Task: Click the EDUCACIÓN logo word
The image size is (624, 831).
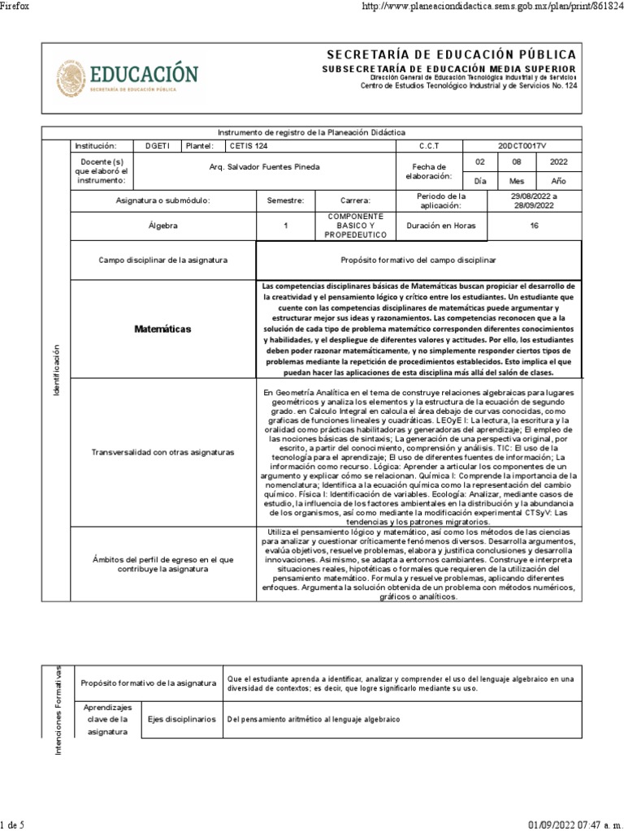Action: coord(143,74)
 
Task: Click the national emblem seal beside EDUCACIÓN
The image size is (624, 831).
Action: coord(71,78)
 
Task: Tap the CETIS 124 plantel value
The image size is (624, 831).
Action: coord(248,146)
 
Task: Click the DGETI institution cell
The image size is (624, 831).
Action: coord(158,146)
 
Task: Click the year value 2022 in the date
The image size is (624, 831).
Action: coord(559,162)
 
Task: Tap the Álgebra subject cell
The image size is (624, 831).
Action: coord(163,226)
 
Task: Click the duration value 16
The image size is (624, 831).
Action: coord(534,226)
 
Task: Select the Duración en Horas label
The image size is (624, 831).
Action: coord(441,226)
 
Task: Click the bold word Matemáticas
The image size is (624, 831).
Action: coord(162,329)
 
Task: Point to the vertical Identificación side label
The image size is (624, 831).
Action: coord(56,370)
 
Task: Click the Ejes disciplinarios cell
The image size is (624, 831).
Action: coord(181,719)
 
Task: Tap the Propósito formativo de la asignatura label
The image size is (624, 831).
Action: coord(149,682)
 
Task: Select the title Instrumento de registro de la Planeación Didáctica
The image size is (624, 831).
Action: coord(313,132)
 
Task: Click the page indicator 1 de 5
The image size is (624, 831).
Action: coord(14,825)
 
